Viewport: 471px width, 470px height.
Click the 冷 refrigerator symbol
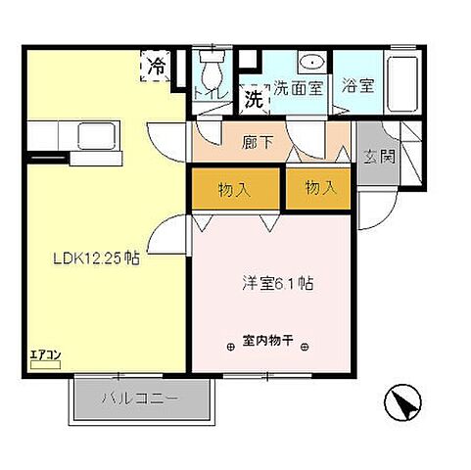pos(157,66)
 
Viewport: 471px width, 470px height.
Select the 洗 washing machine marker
pos(254,97)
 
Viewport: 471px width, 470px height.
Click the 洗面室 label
pos(298,85)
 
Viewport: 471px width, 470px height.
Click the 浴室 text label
pos(356,85)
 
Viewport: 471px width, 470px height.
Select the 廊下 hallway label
pos(256,140)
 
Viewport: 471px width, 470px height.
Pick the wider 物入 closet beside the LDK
pos(236,188)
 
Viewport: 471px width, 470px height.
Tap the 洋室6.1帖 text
pos(277,285)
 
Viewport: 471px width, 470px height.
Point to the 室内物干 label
pos(274,345)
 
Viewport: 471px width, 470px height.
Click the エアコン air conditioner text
pos(45,354)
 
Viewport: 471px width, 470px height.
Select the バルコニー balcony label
pos(141,399)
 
